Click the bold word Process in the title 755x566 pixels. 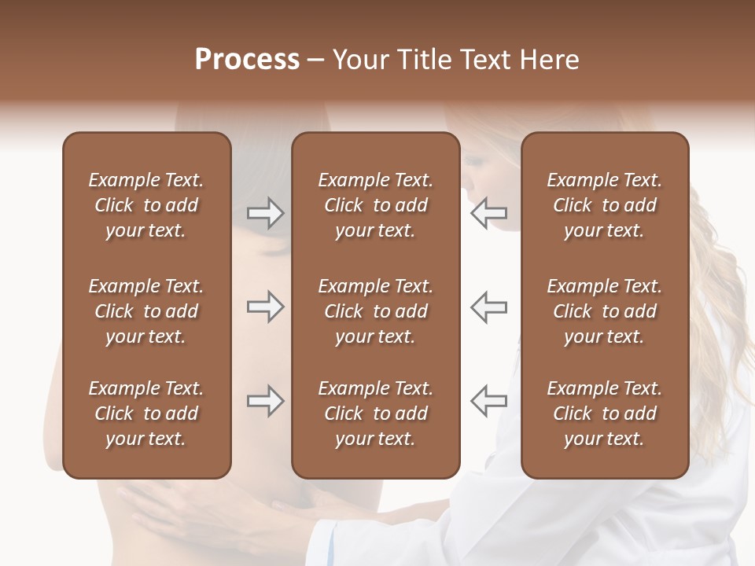pos(247,60)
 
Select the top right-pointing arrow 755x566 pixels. pos(266,213)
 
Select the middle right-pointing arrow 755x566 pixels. pos(266,307)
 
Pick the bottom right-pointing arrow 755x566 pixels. pos(266,400)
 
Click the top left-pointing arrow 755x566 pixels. pos(488,213)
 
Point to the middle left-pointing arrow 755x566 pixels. pos(488,307)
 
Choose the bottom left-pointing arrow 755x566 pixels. pos(488,400)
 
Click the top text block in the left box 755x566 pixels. pos(146,205)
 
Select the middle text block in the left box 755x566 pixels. pos(146,311)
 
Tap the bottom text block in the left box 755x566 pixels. pos(146,413)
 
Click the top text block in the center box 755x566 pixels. pos(375,205)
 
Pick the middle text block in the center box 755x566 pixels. pos(375,311)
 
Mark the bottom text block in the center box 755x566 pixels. pos(375,413)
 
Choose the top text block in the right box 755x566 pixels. pos(604,205)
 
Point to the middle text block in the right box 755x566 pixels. pos(604,311)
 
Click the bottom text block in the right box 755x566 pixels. pos(604,413)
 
